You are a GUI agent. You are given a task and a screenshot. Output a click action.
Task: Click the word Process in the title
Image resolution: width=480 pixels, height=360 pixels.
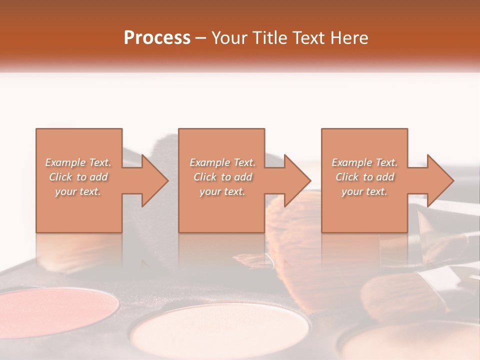157,38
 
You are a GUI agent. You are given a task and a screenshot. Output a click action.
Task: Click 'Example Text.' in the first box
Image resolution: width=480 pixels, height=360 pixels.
78,162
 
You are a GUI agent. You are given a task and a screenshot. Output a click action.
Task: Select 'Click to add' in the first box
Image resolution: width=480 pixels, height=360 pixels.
78,177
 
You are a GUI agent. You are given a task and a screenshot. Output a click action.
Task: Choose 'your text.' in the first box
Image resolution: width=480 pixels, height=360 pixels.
78,191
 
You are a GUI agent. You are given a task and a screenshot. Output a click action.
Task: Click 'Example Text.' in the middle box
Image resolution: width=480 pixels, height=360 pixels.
222,162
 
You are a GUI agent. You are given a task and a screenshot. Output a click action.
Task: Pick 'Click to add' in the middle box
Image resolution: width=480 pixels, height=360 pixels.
222,177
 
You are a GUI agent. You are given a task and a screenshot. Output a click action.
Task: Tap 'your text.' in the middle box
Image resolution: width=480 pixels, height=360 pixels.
222,191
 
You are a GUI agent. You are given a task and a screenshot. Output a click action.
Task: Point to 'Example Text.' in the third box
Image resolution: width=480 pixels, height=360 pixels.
364,162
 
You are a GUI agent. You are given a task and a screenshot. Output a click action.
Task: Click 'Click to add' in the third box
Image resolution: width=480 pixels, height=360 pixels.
364,177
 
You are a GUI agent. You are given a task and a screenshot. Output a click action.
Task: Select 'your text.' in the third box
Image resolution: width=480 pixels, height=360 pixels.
364,191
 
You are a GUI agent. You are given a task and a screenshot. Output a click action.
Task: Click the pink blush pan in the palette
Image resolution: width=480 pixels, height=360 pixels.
60,312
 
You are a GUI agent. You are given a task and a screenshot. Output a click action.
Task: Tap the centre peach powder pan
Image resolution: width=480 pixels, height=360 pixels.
212,332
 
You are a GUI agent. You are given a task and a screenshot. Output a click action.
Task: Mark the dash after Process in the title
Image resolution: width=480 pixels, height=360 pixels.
201,38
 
